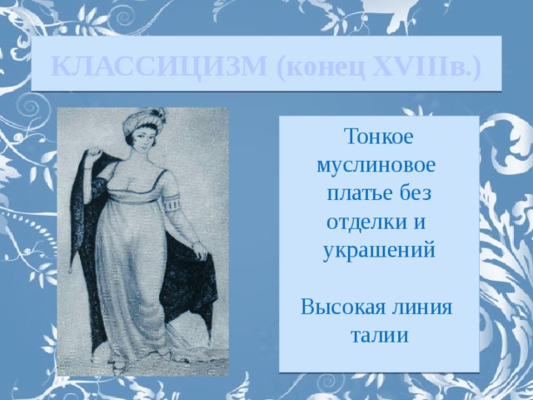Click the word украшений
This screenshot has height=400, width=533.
[378, 251]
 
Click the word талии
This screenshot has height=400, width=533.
[378, 336]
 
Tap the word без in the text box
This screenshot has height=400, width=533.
[413, 193]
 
